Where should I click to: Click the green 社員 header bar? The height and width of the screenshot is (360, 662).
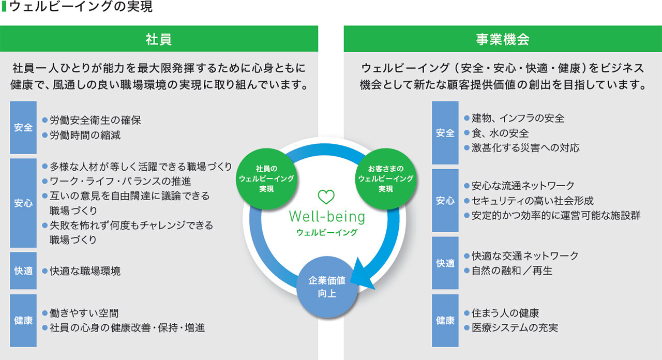tap(159, 39)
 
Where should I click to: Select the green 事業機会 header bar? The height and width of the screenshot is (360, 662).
tap(502, 39)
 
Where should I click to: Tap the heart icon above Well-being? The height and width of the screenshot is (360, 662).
tap(326, 197)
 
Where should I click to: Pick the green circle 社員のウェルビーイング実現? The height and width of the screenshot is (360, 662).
tap(266, 178)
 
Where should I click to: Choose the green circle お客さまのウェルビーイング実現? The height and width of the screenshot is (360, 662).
tap(385, 178)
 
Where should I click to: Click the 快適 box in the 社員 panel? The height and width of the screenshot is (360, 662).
tap(23, 271)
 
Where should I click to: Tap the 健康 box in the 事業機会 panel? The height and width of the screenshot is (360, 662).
tap(445, 321)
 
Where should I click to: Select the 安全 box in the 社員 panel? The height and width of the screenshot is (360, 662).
tap(23, 127)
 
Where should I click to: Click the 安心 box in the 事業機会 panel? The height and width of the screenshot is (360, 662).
tap(445, 200)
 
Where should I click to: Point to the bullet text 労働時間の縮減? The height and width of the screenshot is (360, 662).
tap(85, 136)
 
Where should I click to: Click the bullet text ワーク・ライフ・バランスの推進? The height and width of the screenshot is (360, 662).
tap(120, 181)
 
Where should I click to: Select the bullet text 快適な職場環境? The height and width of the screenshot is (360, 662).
tap(85, 271)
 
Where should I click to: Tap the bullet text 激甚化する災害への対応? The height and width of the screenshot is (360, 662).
tap(525, 147)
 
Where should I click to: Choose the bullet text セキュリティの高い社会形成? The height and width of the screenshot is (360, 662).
tap(532, 201)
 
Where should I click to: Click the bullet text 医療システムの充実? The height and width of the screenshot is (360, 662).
tap(514, 327)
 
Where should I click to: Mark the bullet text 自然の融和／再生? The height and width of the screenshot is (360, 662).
tap(511, 271)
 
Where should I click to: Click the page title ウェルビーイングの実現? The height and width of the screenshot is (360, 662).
tap(81, 7)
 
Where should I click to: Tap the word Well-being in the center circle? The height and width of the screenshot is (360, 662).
tap(326, 216)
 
